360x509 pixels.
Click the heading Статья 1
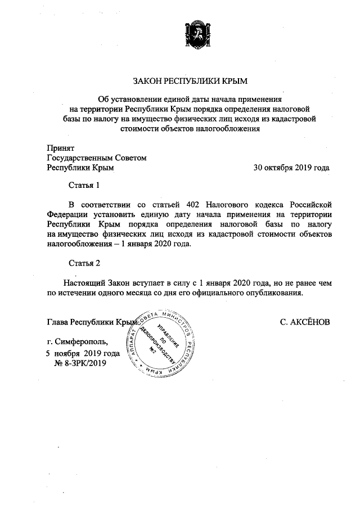point(84,185)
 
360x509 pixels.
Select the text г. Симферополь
point(81,341)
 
